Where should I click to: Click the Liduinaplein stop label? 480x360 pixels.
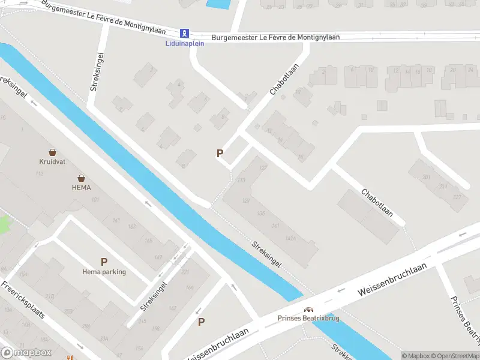pos(185,43)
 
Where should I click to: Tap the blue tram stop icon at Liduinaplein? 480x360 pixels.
pos(185,32)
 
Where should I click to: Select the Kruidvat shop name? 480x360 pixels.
pos(53,161)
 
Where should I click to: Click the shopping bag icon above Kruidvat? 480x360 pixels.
pos(53,152)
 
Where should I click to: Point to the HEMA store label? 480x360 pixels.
pos(80,187)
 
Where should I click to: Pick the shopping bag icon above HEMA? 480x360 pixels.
pos(80,178)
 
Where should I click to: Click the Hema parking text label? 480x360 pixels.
pos(104,272)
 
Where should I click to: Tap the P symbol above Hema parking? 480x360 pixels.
pos(104,262)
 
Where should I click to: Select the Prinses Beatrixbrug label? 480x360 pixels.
pos(308,319)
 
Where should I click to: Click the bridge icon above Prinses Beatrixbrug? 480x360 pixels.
pos(308,310)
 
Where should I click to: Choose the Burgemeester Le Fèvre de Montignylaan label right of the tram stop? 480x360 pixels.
pos(275,37)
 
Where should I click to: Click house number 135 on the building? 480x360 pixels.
pos(260,214)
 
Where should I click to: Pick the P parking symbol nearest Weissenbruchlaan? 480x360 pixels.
pos(202,322)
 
